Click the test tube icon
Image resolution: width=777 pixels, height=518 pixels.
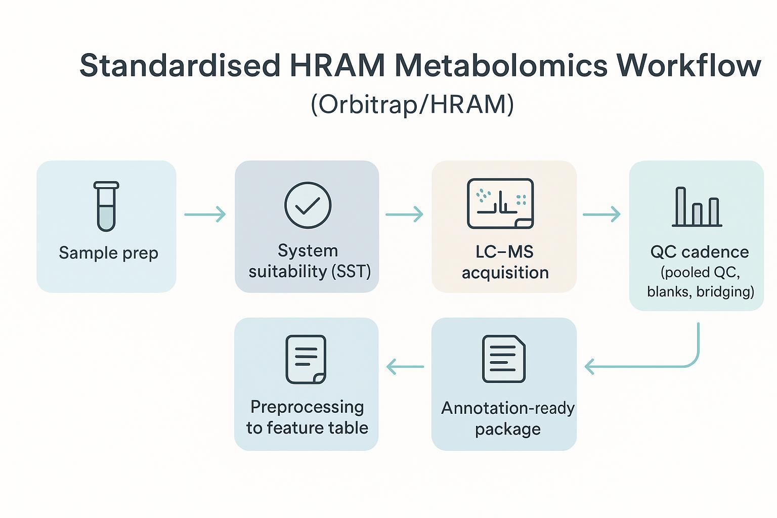click(x=106, y=206)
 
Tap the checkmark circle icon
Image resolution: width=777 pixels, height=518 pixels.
click(x=308, y=205)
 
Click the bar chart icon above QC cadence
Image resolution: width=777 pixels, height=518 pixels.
click(x=697, y=207)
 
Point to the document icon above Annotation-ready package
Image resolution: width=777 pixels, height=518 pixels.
click(x=504, y=359)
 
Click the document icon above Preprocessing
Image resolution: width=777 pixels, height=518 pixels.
click(x=306, y=359)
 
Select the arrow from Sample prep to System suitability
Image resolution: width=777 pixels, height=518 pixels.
click(x=205, y=214)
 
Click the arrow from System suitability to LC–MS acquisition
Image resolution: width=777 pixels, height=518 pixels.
click(x=404, y=214)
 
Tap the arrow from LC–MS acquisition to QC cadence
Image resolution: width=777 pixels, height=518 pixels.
click(x=601, y=214)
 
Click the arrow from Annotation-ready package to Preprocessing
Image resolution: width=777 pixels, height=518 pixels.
click(x=405, y=366)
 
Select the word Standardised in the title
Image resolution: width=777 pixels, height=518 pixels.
click(x=180, y=66)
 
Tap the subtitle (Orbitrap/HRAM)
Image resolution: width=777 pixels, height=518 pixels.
click(x=412, y=104)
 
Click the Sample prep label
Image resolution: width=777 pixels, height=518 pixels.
click(x=108, y=252)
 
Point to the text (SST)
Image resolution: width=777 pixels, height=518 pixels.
click(x=351, y=272)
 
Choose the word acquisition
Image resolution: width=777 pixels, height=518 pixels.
click(x=505, y=273)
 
